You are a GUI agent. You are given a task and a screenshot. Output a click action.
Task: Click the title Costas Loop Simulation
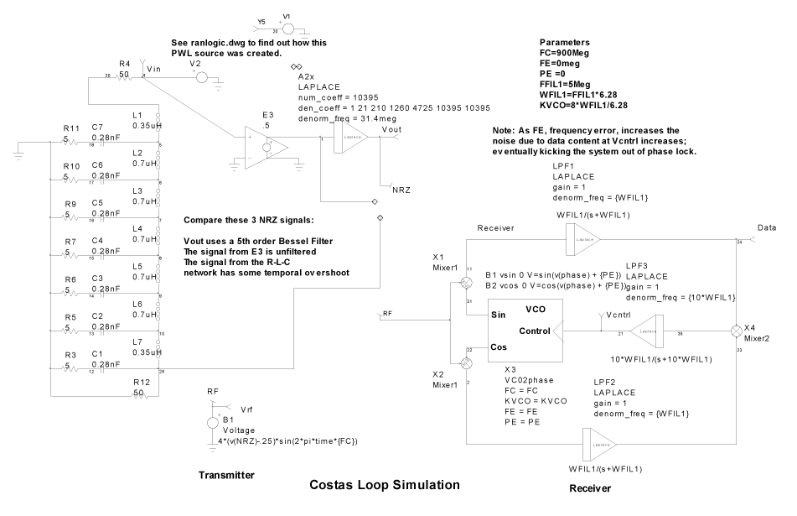(385, 484)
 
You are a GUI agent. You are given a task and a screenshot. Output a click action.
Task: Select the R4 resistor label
(124, 63)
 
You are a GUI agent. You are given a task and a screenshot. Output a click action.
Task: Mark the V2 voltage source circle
(200, 75)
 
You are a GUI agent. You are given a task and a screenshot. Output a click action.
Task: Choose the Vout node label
(391, 131)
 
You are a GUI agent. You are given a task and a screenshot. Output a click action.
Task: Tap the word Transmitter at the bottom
(226, 475)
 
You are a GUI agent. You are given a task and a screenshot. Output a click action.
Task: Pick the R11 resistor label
(70, 128)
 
